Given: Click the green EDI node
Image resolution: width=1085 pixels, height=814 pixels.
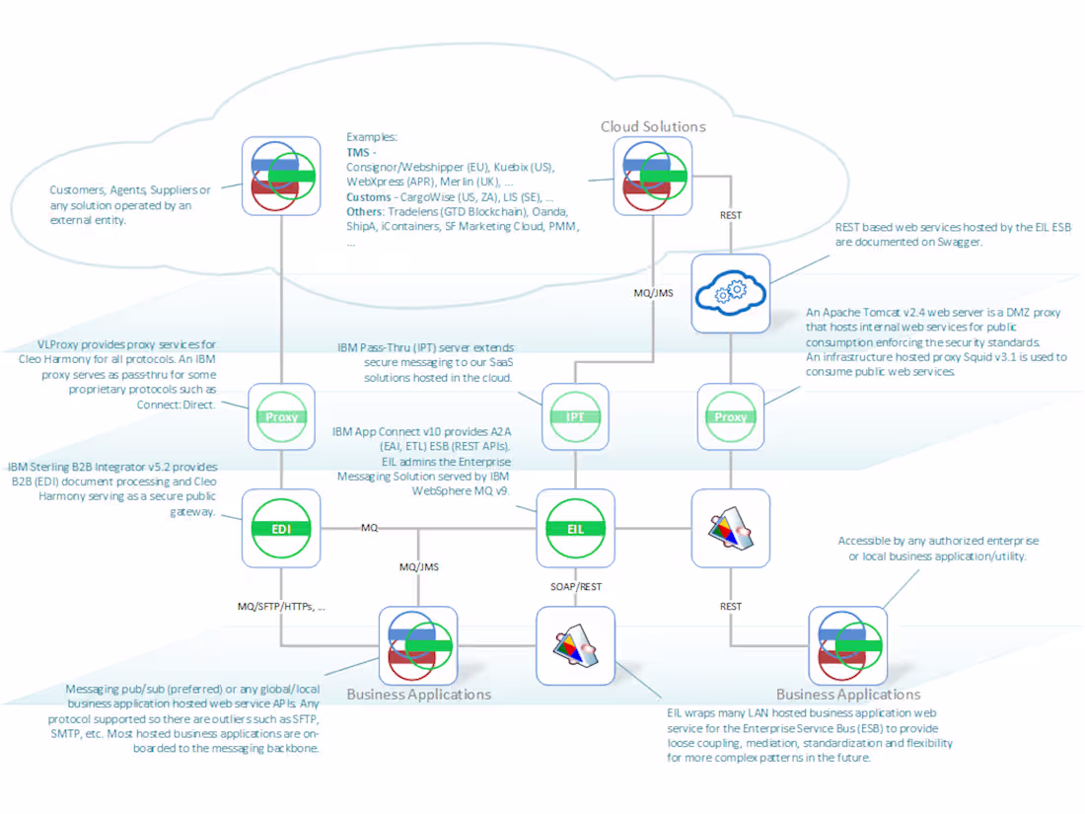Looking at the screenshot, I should pos(281,529).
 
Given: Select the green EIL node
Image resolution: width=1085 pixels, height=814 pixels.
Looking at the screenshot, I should pos(575,529).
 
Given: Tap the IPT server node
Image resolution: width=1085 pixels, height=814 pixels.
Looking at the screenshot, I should pos(575,416).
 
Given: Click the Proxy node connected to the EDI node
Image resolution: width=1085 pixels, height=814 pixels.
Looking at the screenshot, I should pos(281,416).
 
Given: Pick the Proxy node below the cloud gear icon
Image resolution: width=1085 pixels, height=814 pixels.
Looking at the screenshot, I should pos(730,416).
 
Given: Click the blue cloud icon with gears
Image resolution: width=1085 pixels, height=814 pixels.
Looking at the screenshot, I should pos(730,293).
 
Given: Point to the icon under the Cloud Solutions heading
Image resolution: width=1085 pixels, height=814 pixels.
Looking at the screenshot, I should pos(652,176).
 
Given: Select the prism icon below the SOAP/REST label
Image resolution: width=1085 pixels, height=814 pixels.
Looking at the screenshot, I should pos(575,645).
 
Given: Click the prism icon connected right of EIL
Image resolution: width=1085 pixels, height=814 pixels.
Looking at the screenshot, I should pos(730,529).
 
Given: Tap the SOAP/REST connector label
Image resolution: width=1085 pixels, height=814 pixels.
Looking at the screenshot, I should pos(575,586).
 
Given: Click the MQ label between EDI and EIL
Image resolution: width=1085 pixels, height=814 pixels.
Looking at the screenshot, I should pos(369,528).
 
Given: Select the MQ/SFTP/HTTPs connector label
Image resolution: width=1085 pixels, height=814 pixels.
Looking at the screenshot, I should pos(281,607).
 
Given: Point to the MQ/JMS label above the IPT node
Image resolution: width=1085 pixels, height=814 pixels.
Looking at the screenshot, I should pos(652,293).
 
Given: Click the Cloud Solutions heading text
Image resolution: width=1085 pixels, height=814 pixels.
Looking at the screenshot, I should pos(653,126).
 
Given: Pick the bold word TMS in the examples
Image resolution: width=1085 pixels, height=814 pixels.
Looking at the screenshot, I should pos(357,154).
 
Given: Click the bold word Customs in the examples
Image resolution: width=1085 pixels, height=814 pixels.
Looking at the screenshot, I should pos(369,197).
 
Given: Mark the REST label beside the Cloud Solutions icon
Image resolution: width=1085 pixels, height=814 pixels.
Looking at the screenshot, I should pos(730,214).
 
